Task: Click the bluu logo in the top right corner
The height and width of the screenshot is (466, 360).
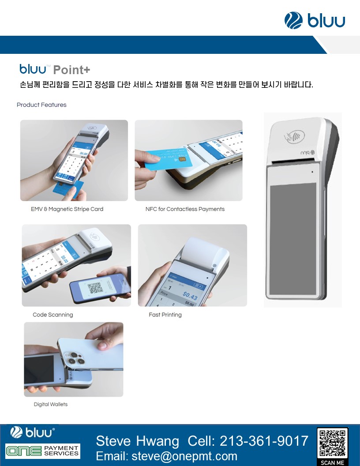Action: tap(315, 20)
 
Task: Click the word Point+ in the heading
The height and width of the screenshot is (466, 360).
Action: tap(71, 70)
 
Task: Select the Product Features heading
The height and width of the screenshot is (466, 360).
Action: tap(41, 105)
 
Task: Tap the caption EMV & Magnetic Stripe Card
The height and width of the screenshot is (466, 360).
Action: tap(67, 209)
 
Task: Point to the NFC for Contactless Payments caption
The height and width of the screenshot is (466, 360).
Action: tap(185, 209)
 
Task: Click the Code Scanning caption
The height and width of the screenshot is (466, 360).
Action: tap(53, 315)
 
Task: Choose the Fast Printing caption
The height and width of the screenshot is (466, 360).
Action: tap(165, 315)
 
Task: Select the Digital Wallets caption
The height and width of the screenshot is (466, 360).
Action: tap(50, 404)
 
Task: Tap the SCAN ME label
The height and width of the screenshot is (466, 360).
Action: tap(332, 462)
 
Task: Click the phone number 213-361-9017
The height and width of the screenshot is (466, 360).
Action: tap(264, 441)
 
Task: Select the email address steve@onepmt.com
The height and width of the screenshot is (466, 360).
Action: tap(184, 456)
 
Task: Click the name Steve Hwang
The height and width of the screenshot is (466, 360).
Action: tap(138, 441)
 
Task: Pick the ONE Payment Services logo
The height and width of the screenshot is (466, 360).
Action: tap(43, 451)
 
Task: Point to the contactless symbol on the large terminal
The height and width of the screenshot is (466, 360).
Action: tap(294, 136)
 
